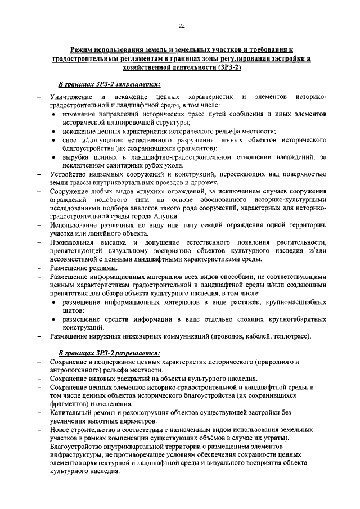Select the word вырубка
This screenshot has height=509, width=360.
click(x=76, y=158)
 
